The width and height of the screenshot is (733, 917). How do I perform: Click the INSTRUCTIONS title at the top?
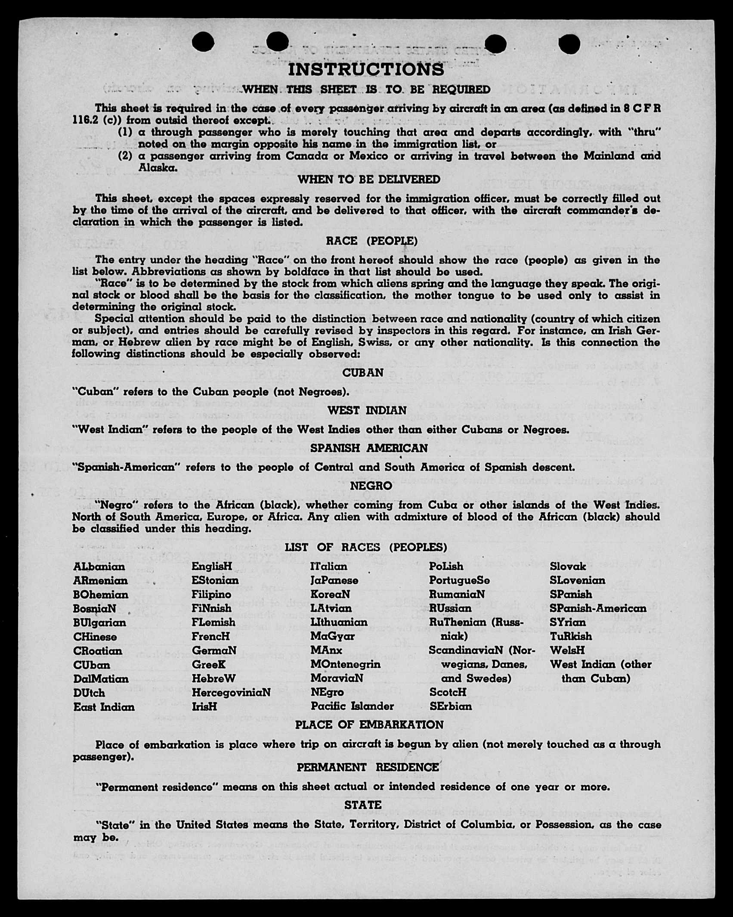pos(366,69)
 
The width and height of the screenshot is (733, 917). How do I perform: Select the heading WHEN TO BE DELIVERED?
pos(369,180)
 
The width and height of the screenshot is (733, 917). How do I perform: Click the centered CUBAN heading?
pos(363,373)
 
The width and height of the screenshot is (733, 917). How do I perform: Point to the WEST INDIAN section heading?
pos(367,410)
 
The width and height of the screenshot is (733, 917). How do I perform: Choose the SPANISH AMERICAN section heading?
pos(369,448)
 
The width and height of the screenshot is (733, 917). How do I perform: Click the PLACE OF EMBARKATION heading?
pos(369,725)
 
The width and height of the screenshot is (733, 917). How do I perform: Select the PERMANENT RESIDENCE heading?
pos(368,767)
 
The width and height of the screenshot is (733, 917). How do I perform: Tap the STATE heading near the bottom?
pos(363,805)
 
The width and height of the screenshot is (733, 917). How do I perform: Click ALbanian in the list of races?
pos(99,567)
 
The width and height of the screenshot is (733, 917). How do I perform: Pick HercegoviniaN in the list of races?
pos(231,692)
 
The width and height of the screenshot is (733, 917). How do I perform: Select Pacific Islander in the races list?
pos(352,706)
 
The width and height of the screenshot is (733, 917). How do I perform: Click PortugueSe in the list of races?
pos(459,580)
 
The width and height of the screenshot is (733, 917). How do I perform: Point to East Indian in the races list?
pos(104,707)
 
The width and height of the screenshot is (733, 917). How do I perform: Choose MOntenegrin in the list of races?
pos(345,664)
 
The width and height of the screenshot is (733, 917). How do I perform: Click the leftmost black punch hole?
pos(203,42)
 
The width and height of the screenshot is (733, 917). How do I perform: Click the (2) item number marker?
pos(125,156)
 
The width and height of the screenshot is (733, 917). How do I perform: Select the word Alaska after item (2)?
pos(158,168)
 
